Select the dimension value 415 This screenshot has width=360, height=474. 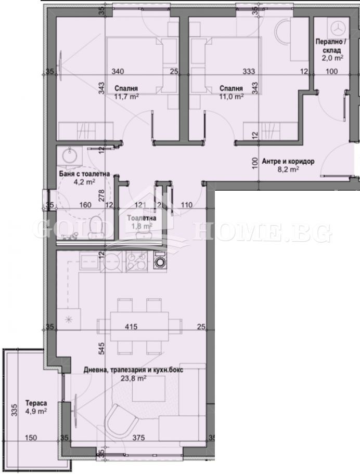[131, 327]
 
